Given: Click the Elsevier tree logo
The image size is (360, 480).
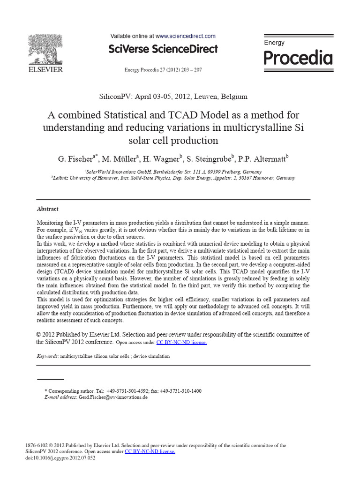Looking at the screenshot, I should point(45,49).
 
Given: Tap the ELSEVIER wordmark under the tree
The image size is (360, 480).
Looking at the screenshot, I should point(45,70).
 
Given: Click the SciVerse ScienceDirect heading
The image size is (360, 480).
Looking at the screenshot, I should point(163,49).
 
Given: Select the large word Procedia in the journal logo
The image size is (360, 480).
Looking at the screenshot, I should point(298,58).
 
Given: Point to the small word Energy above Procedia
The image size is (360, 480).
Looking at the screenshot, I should point(274,43).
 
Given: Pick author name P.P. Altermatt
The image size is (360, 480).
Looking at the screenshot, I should point(262,158).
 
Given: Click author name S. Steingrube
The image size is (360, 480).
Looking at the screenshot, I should point(208,158).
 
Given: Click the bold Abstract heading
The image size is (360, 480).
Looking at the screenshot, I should point(48,209).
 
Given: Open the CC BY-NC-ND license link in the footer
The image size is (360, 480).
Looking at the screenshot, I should point(150,451).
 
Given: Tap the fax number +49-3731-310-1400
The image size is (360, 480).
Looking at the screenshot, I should point(180,391).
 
